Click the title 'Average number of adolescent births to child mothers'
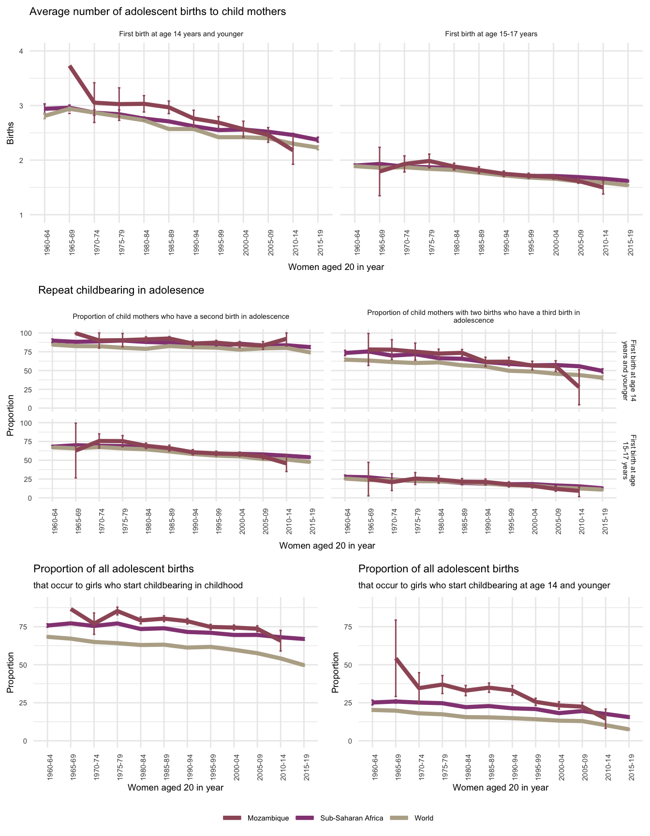(x=158, y=12)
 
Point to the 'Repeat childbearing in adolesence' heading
(x=121, y=290)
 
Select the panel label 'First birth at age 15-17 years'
(x=491, y=34)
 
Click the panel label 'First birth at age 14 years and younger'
(x=181, y=34)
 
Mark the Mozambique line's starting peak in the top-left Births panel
(x=70, y=66)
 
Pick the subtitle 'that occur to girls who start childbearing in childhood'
(x=138, y=585)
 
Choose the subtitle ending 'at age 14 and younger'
(x=484, y=585)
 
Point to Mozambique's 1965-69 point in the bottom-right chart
(x=396, y=659)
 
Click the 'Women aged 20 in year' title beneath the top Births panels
(x=336, y=267)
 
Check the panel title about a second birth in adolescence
(x=181, y=316)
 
